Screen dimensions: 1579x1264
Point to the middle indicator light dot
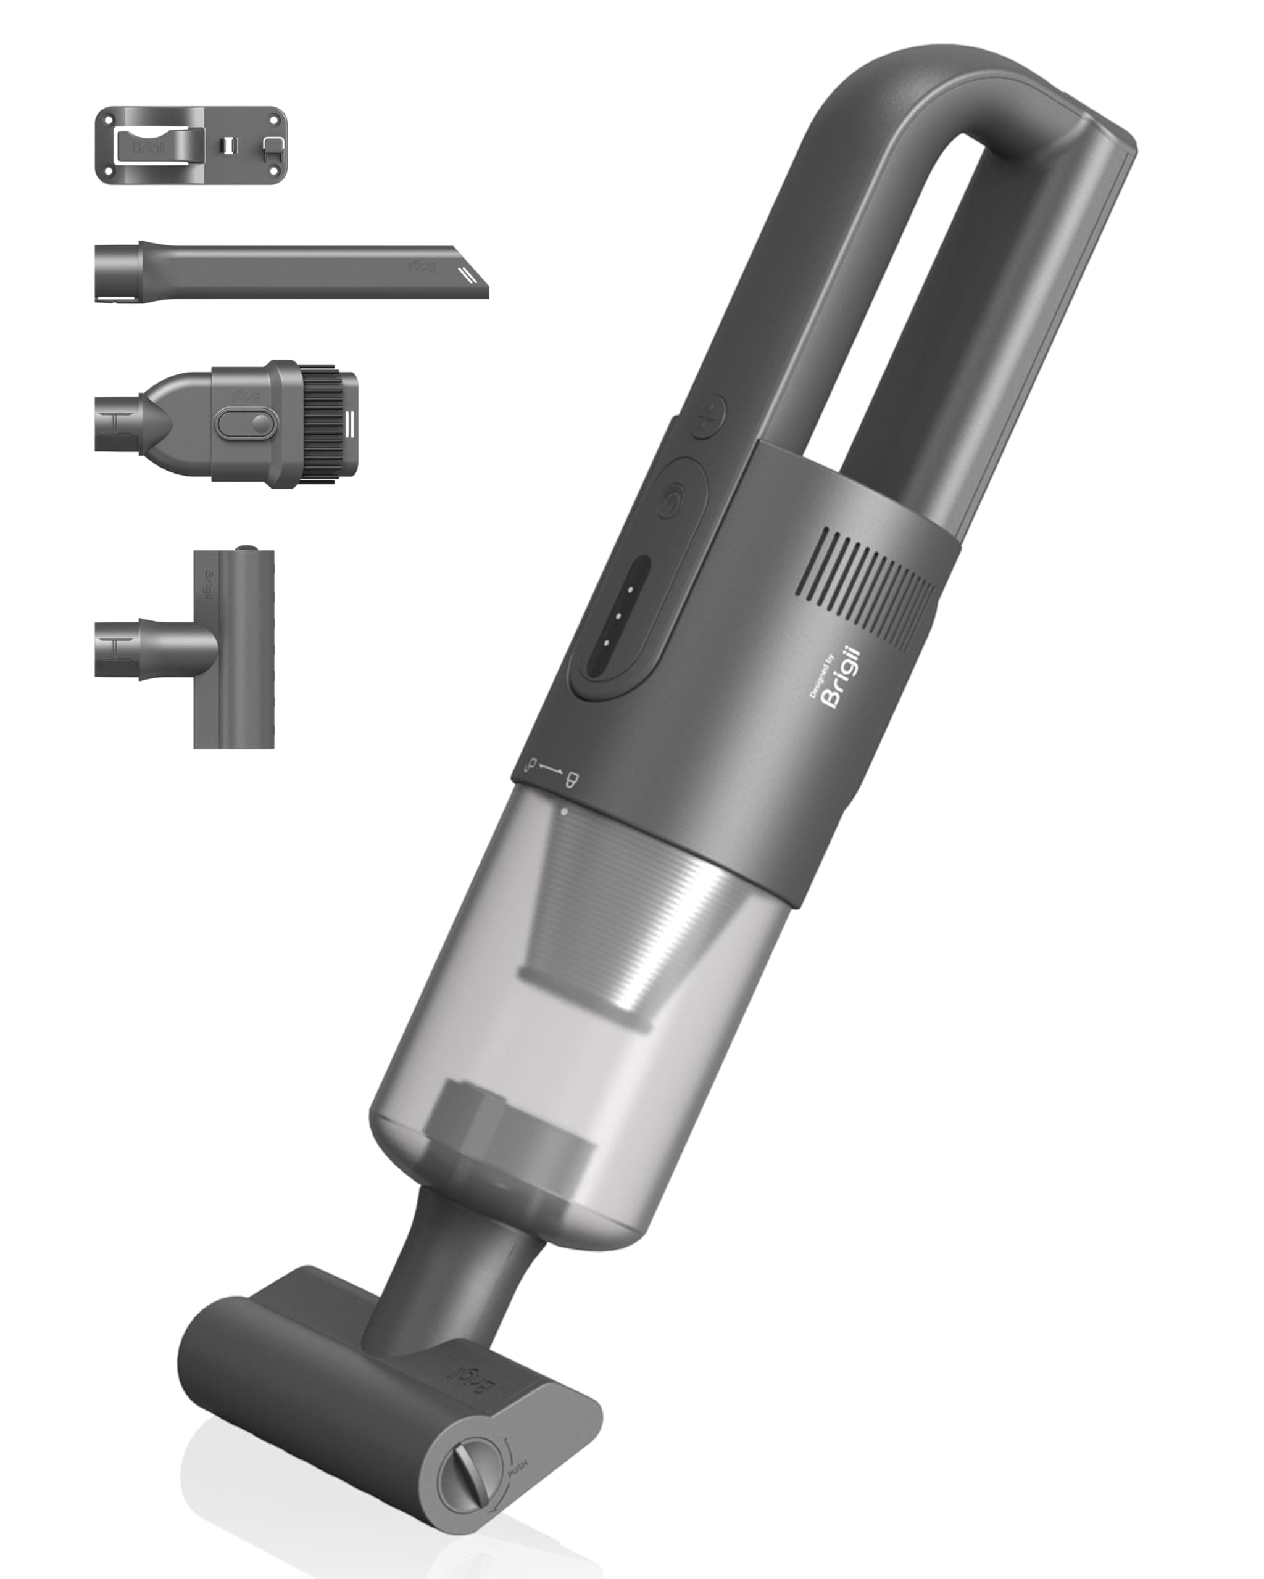click(618, 616)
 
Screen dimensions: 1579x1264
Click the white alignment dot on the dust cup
click(563, 810)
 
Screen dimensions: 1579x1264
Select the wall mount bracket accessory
click(191, 145)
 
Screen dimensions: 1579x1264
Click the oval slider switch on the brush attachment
click(246, 423)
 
